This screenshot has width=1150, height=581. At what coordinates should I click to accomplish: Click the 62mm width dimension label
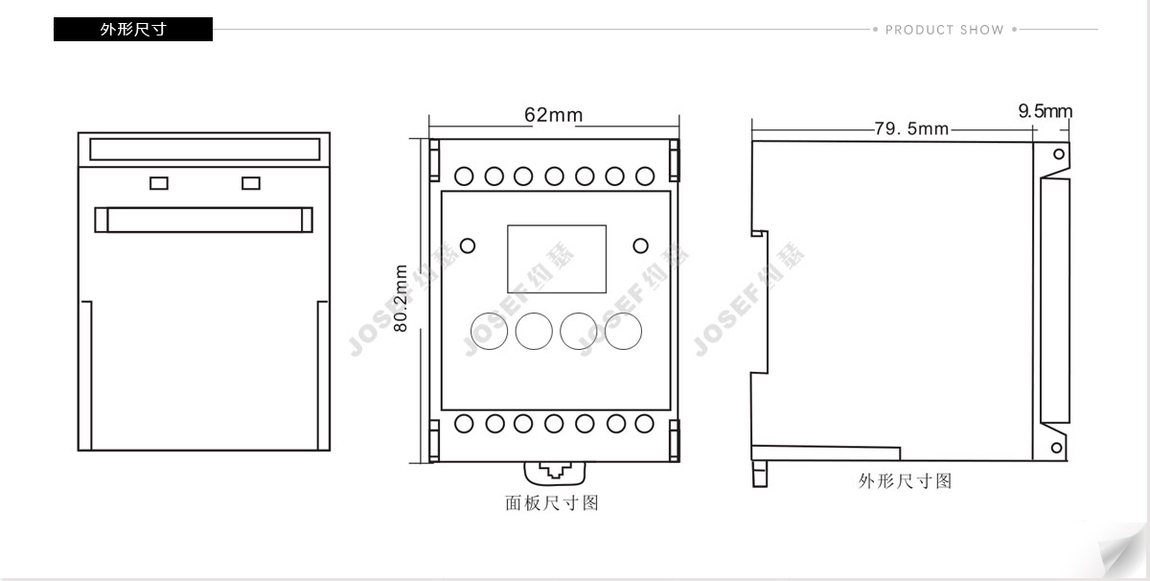click(554, 114)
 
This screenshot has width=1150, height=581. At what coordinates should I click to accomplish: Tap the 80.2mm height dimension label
click(401, 298)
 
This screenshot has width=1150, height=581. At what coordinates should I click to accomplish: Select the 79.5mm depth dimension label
click(911, 128)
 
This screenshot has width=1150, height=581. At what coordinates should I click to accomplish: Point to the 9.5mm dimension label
click(1046, 111)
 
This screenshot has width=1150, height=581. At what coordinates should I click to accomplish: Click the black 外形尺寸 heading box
click(133, 30)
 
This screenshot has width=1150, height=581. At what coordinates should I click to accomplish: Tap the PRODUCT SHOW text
click(945, 30)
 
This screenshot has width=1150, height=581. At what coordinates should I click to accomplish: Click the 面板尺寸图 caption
click(552, 503)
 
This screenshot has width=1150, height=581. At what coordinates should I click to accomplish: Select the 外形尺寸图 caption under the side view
click(905, 481)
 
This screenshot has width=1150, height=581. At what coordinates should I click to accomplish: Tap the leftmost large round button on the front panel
click(490, 332)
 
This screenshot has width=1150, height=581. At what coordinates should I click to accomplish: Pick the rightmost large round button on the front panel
click(623, 332)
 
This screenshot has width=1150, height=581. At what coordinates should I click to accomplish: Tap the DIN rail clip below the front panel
click(555, 473)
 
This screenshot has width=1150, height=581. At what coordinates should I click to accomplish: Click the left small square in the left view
click(159, 183)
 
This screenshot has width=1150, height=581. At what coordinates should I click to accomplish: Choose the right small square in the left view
click(251, 183)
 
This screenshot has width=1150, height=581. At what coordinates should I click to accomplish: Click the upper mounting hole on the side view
click(1059, 154)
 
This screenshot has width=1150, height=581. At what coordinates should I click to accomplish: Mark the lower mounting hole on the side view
click(1056, 448)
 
